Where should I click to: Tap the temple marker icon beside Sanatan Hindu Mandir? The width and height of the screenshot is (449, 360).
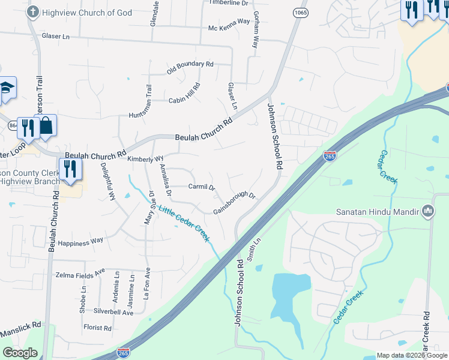[428, 211]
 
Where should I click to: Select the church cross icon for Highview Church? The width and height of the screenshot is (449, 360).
[33, 11]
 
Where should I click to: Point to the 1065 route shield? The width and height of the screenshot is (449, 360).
[300, 12]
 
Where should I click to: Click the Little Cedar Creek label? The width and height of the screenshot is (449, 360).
[184, 223]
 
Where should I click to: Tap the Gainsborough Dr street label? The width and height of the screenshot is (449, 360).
[235, 203]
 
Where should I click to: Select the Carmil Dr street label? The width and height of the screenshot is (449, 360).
[202, 187]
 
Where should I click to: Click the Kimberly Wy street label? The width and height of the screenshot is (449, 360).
[145, 158]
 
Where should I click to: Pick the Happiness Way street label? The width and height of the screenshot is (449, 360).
[80, 242]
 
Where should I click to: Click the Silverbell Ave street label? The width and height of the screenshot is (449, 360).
[113, 313]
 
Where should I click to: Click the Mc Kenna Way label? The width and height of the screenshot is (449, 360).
[229, 21]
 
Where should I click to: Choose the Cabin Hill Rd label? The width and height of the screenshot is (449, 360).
[184, 92]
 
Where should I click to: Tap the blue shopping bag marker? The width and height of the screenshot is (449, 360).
[46, 126]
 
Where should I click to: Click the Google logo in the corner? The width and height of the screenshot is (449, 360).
[20, 353]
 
